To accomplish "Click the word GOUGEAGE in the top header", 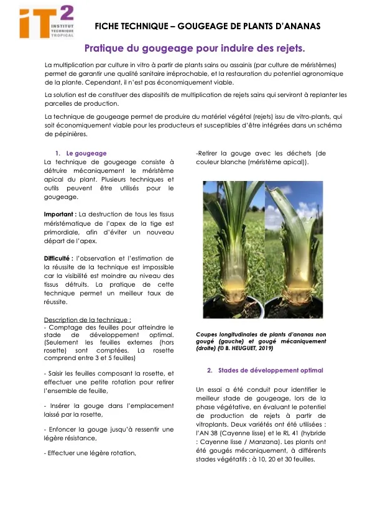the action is (201, 26).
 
